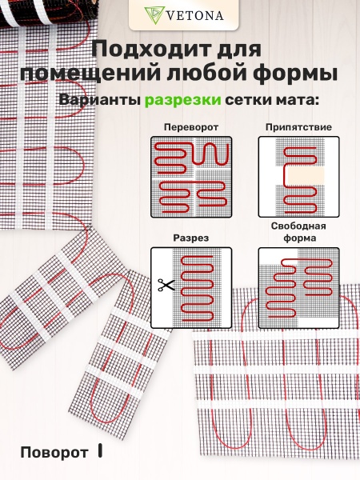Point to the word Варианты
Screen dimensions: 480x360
100,101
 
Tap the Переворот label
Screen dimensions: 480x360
190,127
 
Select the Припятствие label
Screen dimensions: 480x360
298,127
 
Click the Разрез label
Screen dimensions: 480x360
190,238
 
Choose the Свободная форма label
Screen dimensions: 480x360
298,232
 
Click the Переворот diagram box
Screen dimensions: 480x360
190,176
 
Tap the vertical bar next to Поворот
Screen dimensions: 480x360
100,451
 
